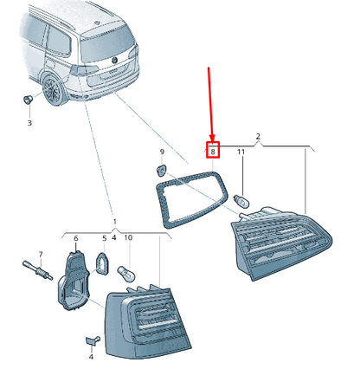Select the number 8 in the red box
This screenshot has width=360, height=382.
pyautogui.click(x=214, y=152)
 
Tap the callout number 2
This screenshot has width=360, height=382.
pyautogui.click(x=258, y=136)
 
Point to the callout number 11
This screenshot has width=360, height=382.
pyautogui.click(x=242, y=152)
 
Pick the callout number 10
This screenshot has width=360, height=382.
pyautogui.click(x=129, y=238)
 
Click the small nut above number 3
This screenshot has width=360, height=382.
pyautogui.click(x=28, y=101)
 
